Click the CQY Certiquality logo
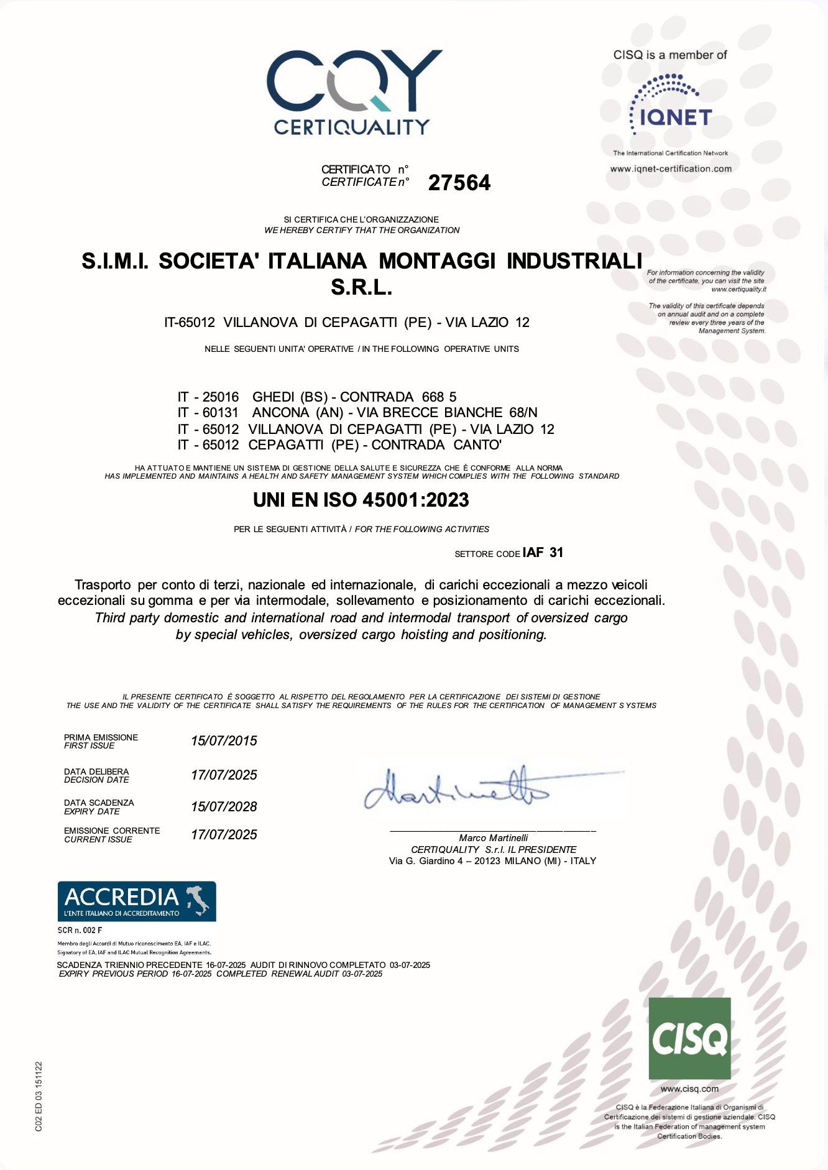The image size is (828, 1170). click(x=354, y=92)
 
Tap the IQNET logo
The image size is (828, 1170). click(x=671, y=106)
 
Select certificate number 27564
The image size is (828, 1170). click(x=459, y=183)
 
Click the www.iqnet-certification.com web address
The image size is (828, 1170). click(x=671, y=168)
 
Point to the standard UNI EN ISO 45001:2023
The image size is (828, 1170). click(x=361, y=500)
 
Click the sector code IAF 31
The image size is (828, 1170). click(x=543, y=553)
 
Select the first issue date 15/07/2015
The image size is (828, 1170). click(x=224, y=740)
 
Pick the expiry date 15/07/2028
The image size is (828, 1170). click(x=224, y=806)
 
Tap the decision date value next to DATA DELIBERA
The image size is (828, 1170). click(x=224, y=775)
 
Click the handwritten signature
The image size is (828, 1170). click(x=460, y=790)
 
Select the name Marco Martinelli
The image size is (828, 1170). click(x=493, y=838)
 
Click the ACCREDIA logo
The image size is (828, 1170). click(x=137, y=901)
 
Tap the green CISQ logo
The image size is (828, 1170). click(x=689, y=1038)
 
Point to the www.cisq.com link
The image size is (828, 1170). click(x=689, y=1089)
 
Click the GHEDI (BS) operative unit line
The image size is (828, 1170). click(x=317, y=397)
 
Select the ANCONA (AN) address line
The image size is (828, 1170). click(x=357, y=413)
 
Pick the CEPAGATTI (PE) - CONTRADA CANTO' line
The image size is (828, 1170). click(x=339, y=445)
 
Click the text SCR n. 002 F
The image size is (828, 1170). click(x=80, y=930)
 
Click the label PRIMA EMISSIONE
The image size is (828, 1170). click(x=101, y=737)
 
